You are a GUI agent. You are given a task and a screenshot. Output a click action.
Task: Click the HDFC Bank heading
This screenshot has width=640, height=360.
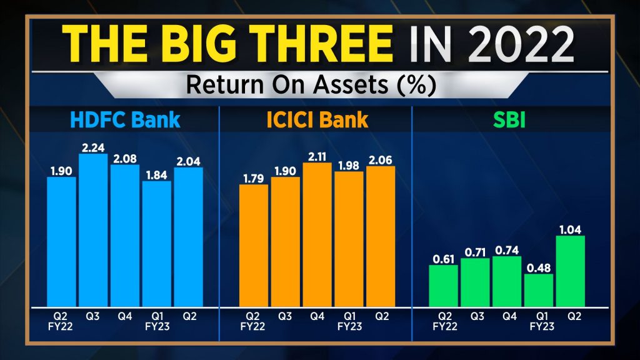(125, 119)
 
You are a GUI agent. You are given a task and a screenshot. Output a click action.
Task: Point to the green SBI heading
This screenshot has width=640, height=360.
(507, 119)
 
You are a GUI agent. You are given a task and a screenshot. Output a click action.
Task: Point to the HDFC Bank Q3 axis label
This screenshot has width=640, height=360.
(93, 316)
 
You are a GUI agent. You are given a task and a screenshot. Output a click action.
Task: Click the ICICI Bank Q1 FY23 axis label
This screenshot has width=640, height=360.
(348, 321)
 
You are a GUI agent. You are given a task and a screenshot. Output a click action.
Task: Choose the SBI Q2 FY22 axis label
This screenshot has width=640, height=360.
(444, 321)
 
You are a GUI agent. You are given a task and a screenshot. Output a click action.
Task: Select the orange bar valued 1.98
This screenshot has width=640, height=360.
(348, 238)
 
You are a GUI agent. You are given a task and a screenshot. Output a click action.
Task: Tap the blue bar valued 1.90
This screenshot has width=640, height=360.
(61, 241)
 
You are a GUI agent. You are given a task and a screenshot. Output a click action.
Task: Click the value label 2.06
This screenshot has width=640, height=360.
(381, 159)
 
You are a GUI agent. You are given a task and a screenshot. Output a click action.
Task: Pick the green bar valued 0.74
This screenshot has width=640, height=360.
(507, 281)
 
